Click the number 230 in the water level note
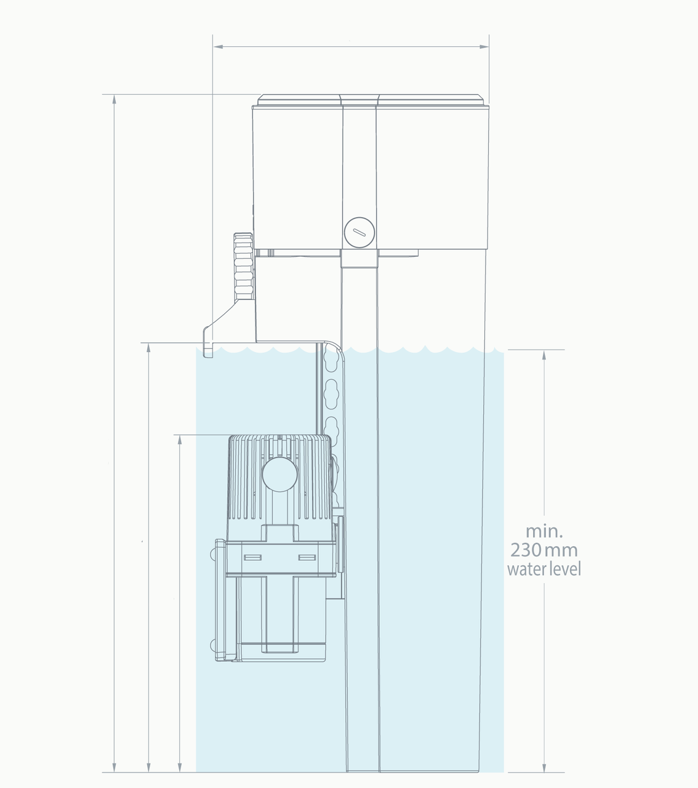tap(526, 550)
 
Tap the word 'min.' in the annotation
tap(544, 531)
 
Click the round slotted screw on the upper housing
tap(359, 233)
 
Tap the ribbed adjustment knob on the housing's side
tap(243, 267)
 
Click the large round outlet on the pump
tap(279, 474)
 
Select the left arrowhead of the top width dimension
tap(219, 47)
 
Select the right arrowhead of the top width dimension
tap(484, 47)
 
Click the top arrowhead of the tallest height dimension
tap(114, 99)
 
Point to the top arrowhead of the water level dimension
tap(544, 355)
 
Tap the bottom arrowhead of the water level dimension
tap(544, 767)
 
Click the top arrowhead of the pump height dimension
tap(180, 440)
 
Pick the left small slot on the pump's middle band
tap(252, 557)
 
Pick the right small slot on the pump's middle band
tap(307, 557)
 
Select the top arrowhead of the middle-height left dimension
tap(148, 348)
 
